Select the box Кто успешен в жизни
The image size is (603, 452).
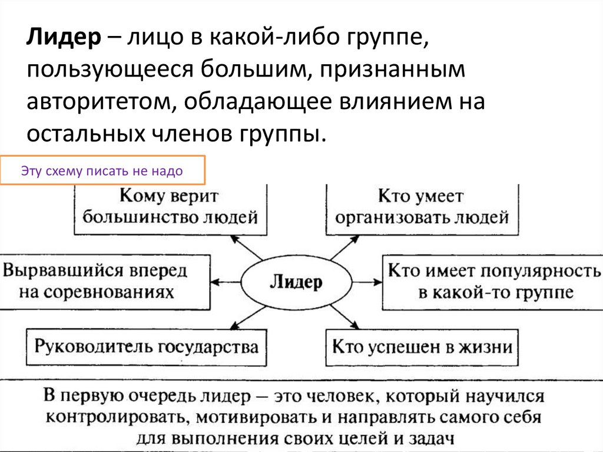[x=422, y=347]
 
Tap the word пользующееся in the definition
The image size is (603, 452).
[x=106, y=72]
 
